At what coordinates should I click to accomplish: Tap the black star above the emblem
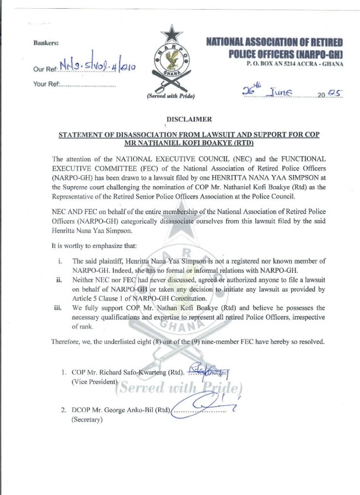coord(171,34)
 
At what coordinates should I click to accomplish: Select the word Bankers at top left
coord(46,43)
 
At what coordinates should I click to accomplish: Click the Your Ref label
coord(46,84)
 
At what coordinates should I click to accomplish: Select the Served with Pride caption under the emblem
coord(170,96)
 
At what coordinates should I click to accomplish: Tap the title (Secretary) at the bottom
coord(88,420)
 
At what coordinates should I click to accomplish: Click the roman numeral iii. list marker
coord(59,307)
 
